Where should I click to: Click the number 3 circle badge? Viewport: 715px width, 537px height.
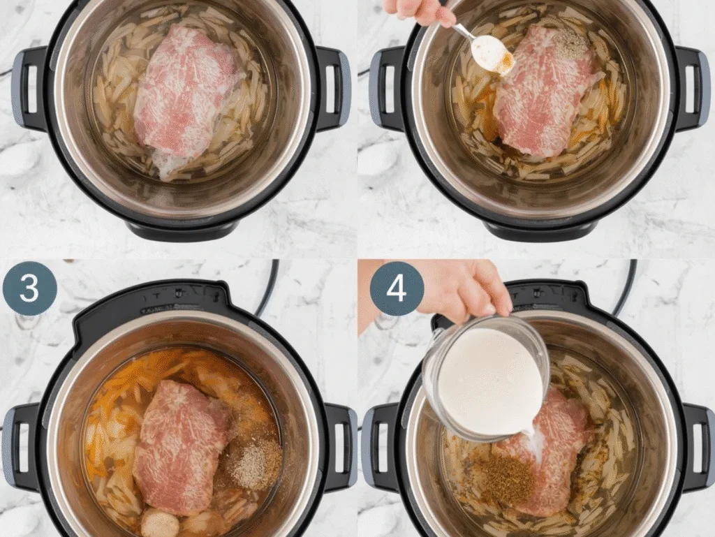point(29,288)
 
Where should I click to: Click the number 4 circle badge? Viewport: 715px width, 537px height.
point(397,288)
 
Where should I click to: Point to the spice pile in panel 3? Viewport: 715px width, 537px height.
point(256,462)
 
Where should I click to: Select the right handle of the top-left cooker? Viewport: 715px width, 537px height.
point(334,87)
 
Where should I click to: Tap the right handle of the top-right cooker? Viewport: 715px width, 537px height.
point(691,87)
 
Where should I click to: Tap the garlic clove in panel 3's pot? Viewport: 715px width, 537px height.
point(159,523)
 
